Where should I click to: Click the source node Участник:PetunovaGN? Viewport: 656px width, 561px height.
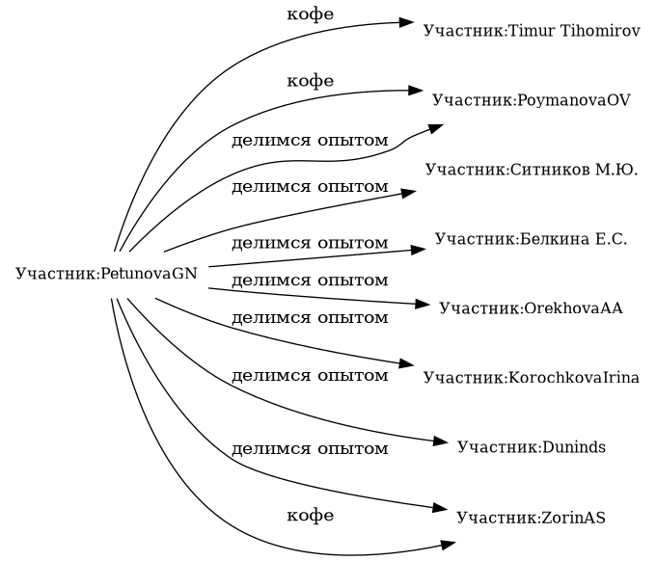coord(106,274)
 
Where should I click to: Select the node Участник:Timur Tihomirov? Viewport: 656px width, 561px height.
coord(532,31)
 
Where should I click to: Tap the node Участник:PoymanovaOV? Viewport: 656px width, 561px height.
coord(532,99)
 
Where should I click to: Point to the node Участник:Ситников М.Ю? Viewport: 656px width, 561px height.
coord(532,170)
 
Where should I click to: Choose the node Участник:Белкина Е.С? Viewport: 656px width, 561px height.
coord(532,238)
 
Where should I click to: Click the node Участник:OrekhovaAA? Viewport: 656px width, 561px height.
coord(532,308)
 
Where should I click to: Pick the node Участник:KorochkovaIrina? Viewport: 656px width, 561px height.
coord(532,377)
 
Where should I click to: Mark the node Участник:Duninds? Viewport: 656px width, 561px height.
coord(532,447)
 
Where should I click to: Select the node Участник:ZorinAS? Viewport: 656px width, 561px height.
coord(532,517)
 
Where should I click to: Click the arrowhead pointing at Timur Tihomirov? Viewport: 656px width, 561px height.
coord(409,22)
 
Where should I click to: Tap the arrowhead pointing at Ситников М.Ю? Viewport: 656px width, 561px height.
coord(408,193)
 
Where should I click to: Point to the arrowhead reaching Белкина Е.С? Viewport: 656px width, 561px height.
coord(419,250)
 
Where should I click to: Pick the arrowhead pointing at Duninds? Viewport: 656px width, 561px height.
coord(442,443)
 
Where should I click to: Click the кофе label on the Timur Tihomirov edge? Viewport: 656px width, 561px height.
coord(311,15)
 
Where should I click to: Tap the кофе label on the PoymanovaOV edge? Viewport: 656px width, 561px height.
coord(311,81)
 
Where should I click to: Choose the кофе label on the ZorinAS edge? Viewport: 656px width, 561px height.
coord(311,515)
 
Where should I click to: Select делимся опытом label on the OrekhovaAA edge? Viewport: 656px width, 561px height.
coord(311,280)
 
